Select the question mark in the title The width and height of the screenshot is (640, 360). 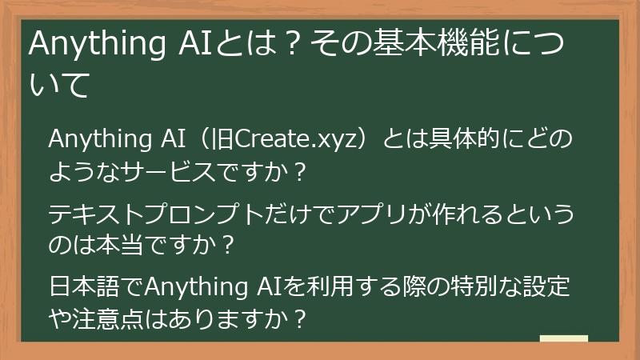click(x=295, y=46)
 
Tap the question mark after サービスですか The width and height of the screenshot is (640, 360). click(x=298, y=173)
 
